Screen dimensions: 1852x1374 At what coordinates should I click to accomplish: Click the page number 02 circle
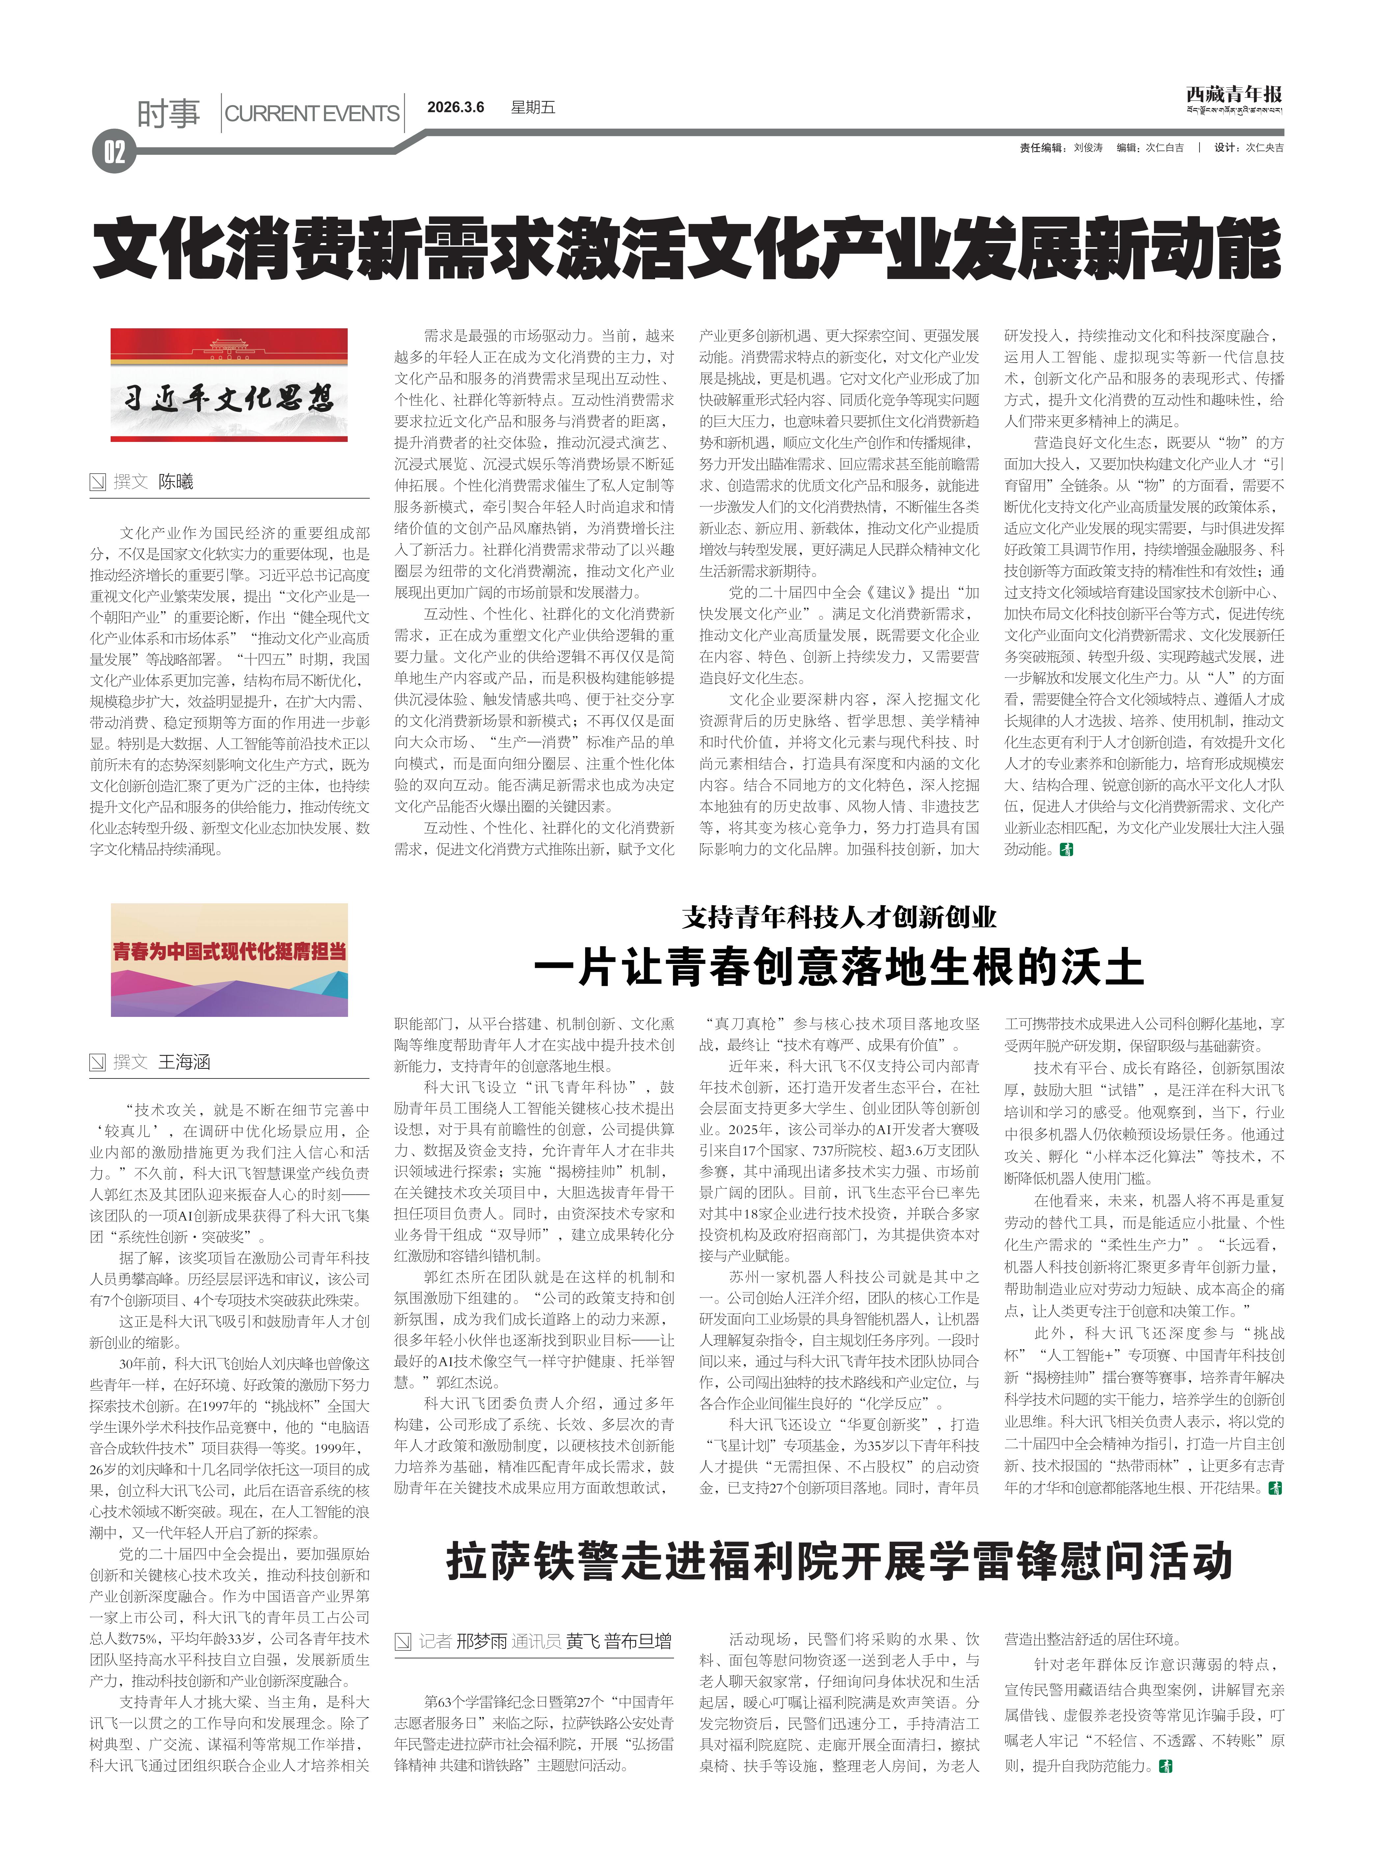pos(114,152)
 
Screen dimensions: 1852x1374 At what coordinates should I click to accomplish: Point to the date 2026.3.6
pos(456,107)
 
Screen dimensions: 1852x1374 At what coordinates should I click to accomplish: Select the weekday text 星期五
pos(533,107)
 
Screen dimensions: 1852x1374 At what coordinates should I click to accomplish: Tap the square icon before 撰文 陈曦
pos(98,481)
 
